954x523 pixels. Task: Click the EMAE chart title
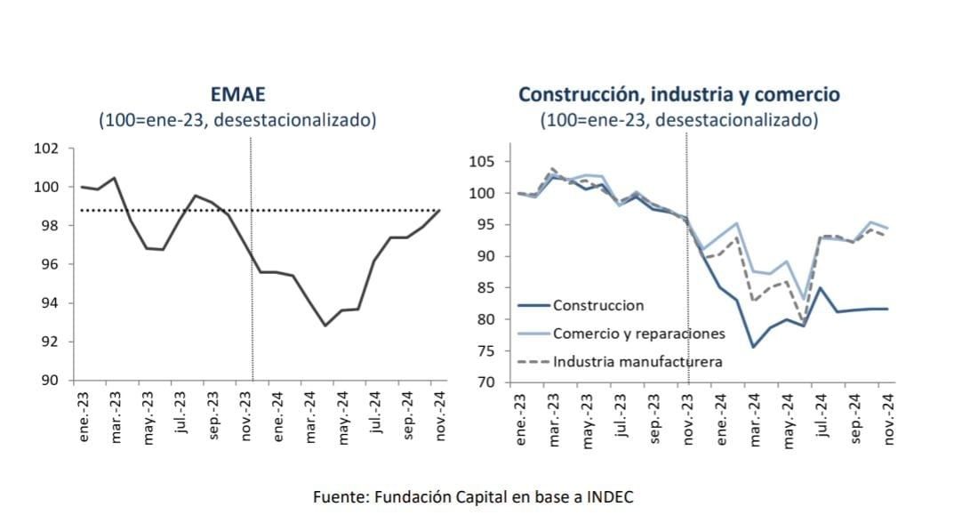click(237, 95)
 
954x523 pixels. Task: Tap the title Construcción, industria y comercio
click(679, 95)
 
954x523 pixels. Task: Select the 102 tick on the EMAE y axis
click(47, 149)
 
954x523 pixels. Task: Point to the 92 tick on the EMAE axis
click(51, 342)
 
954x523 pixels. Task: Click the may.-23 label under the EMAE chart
click(148, 418)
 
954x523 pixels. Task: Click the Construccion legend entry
click(597, 305)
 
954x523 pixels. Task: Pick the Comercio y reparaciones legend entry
click(638, 334)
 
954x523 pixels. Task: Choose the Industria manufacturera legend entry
click(637, 361)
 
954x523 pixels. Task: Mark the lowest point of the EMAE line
click(325, 326)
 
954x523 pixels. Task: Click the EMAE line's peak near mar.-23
click(114, 178)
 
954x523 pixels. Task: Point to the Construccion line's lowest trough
click(753, 346)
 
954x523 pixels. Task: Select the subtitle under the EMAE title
click(237, 120)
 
